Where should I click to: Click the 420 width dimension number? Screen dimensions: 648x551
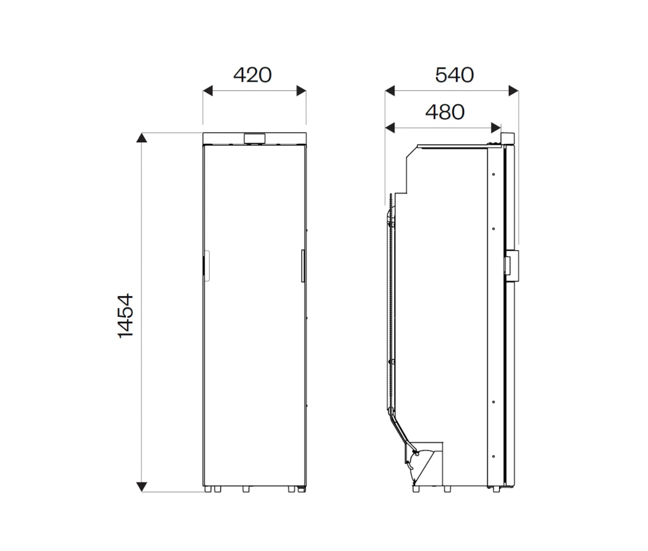coord(252,75)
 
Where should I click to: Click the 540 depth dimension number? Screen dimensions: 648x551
coord(454,75)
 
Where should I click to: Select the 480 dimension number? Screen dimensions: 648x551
coord(445,112)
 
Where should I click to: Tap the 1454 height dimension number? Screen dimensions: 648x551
coord(126,315)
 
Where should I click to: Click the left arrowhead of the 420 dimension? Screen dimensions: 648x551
coord(208,91)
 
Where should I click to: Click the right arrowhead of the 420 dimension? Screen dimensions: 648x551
coord(301,91)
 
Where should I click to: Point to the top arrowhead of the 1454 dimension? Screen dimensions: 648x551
coord(142,138)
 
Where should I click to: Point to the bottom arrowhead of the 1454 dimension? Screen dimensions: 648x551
coord(142,487)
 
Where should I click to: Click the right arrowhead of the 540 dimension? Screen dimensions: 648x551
coord(513,91)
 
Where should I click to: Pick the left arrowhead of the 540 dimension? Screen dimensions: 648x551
coord(390,91)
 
